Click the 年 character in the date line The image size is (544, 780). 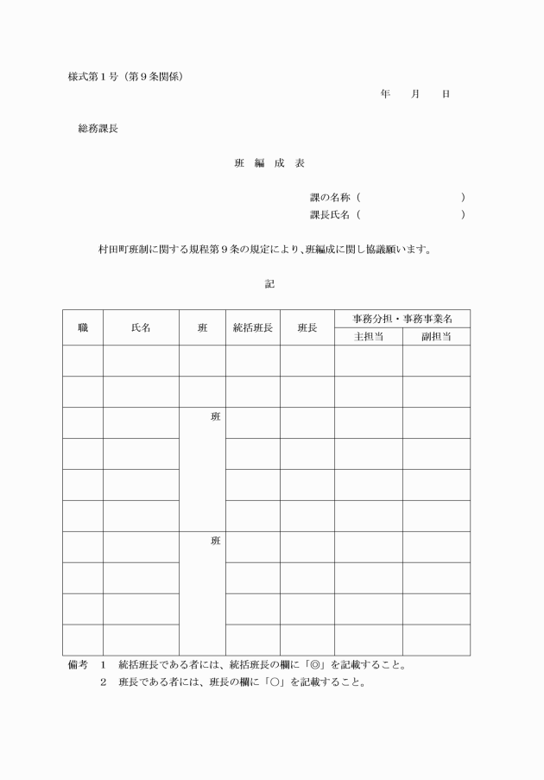[x=385, y=93]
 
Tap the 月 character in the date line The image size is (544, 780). [x=415, y=93]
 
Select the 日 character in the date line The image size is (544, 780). [x=446, y=93]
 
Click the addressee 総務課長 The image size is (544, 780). [x=98, y=129]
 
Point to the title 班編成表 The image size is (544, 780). [x=270, y=163]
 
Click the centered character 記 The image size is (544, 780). [x=270, y=283]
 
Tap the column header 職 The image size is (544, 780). [x=83, y=327]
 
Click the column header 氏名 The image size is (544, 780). [x=141, y=327]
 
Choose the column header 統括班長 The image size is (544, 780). [x=252, y=327]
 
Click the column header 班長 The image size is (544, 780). [x=307, y=327]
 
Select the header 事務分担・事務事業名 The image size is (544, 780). [x=402, y=319]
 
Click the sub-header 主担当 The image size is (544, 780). [x=368, y=336]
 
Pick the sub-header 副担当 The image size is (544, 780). [x=436, y=336]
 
